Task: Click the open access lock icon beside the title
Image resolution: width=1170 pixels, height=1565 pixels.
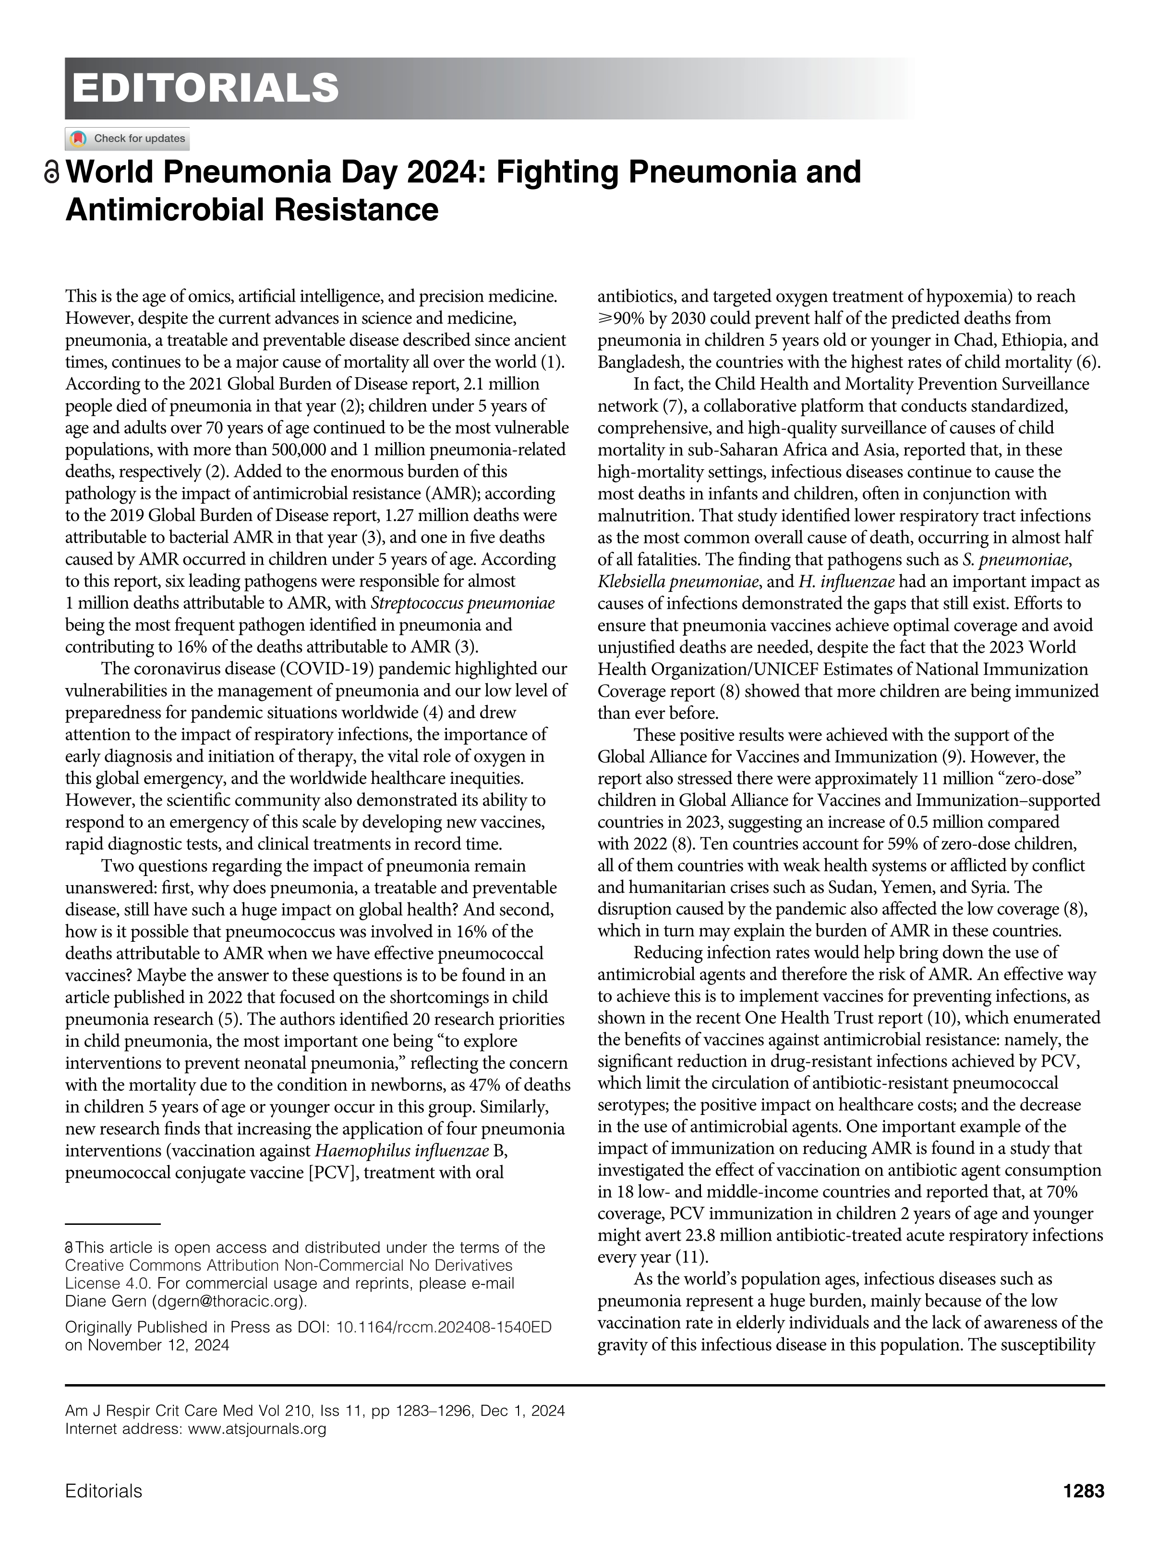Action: tap(52, 173)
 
